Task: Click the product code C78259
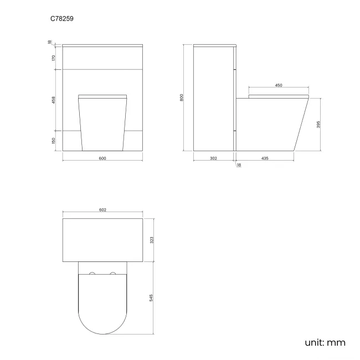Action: [x=62, y=18]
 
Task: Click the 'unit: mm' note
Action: [x=325, y=342]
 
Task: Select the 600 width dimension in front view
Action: [x=102, y=158]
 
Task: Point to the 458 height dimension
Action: [x=54, y=100]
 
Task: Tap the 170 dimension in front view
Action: [x=54, y=58]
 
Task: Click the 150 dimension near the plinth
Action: [x=54, y=140]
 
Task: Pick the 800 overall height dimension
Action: [x=182, y=97]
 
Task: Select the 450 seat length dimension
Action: [x=279, y=85]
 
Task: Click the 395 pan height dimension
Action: [x=318, y=125]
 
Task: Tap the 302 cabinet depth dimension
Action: [x=213, y=158]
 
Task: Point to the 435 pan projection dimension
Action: [x=265, y=158]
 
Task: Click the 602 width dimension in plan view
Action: [x=102, y=210]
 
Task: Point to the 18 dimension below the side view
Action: [x=239, y=165]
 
